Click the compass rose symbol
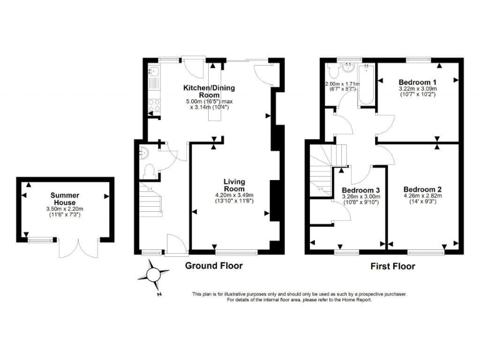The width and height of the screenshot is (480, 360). pyautogui.click(x=154, y=274)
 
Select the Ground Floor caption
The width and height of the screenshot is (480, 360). pyautogui.click(x=214, y=266)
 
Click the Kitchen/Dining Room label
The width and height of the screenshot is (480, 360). pyautogui.click(x=209, y=91)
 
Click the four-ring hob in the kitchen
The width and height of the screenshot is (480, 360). pyautogui.click(x=153, y=107)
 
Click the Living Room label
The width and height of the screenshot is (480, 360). pyautogui.click(x=234, y=185)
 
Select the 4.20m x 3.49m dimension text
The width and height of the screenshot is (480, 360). pyautogui.click(x=234, y=194)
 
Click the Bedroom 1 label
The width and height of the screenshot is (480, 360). pyautogui.click(x=417, y=82)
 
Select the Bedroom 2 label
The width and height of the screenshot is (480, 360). pyautogui.click(x=422, y=189)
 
